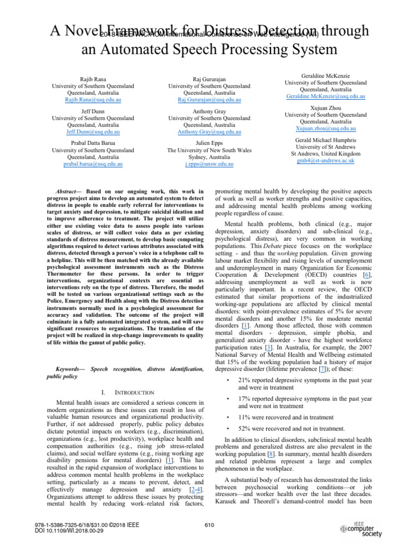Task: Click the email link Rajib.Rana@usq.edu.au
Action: click(x=87, y=100)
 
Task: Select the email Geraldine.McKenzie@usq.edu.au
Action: click(x=326, y=96)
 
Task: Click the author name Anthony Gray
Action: click(x=209, y=111)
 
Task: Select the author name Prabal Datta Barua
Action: click(x=87, y=144)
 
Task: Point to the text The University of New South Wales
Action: click(x=209, y=150)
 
